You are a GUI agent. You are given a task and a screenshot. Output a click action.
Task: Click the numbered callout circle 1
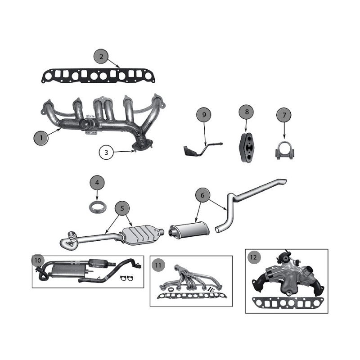coord(41,138)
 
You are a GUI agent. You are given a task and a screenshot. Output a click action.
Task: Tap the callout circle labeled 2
coord(101,57)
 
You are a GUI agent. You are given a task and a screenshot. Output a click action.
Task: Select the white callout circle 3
coord(106,153)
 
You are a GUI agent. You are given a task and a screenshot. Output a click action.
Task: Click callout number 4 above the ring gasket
coord(97,183)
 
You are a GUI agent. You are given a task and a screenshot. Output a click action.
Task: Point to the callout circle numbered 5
coord(122,208)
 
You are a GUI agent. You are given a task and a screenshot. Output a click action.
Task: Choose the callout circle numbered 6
coord(202,195)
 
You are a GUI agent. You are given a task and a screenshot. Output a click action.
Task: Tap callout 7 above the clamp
coord(284,115)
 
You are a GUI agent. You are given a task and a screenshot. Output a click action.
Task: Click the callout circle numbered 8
coord(247,112)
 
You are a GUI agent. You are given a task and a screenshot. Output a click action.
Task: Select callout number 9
coord(204,115)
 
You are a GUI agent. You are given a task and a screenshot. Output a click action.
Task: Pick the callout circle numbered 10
coord(38,260)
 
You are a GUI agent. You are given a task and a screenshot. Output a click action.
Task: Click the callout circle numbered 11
coord(158,265)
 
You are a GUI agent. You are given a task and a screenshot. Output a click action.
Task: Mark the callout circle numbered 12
coord(254,257)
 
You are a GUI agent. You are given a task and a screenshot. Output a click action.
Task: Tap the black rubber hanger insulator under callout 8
coord(246,147)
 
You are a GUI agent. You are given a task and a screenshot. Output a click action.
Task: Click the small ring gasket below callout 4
coord(98,207)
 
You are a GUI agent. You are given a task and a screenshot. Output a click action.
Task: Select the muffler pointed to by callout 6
coord(189,229)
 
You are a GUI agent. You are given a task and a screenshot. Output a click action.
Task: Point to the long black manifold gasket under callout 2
coord(99,76)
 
